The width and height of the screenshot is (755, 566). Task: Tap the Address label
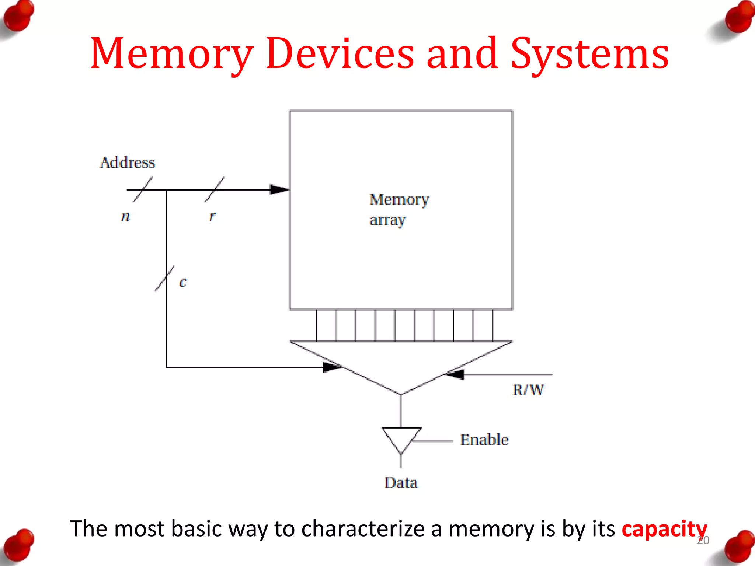[128, 163]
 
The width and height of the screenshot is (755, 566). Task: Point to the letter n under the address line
[126, 216]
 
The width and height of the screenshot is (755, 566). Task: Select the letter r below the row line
[212, 216]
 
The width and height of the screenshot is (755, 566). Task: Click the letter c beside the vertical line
[183, 282]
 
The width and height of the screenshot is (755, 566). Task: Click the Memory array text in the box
[399, 209]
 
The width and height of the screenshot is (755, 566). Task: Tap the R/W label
[528, 390]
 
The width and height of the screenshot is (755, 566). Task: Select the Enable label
[484, 440]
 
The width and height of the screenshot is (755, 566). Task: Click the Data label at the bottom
[401, 483]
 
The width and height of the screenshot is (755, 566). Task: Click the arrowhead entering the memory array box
[279, 190]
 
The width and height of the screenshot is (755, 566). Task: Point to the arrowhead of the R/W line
[454, 375]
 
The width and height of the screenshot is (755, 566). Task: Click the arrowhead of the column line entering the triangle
[332, 367]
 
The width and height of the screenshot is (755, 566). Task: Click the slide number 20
[703, 541]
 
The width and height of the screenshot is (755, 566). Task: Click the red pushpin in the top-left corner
[18, 17]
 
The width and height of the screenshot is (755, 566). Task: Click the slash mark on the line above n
[143, 189]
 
